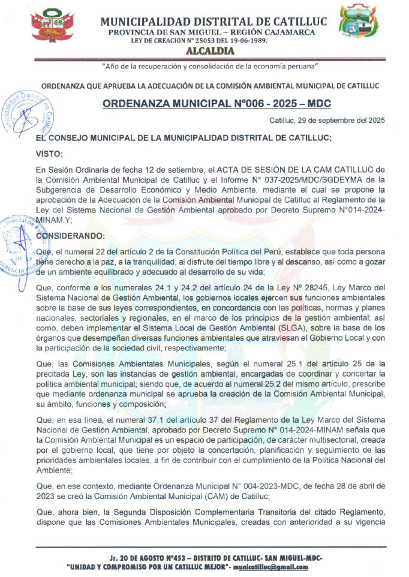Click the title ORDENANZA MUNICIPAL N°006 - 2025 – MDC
[x=216, y=103]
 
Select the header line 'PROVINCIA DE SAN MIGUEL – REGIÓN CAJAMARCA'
[x=213, y=32]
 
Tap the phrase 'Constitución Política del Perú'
[x=213, y=252]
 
